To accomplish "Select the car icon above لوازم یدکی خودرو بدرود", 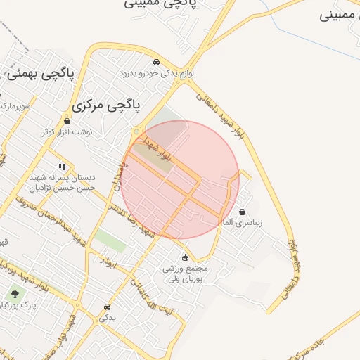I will pyautogui.click(x=156, y=61).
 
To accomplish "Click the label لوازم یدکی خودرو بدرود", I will pyautogui.click(x=156, y=72).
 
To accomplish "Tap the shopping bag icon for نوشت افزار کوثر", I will pyautogui.click(x=67, y=120).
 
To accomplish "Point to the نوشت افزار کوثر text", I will pyautogui.click(x=67, y=131).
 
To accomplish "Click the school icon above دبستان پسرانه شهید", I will pyautogui.click(x=63, y=167).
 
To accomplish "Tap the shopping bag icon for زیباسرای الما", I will pyautogui.click(x=243, y=212).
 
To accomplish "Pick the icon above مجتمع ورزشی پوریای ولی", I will pyautogui.click(x=185, y=257).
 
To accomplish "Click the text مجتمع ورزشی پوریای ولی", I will pyautogui.click(x=186, y=274).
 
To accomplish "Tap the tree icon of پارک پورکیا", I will pyautogui.click(x=15, y=294).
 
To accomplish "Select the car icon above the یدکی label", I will pyautogui.click(x=107, y=307).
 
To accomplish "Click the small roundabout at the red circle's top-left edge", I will pyautogui.click(x=136, y=131).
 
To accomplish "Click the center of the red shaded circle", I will pyautogui.click(x=180, y=180).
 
